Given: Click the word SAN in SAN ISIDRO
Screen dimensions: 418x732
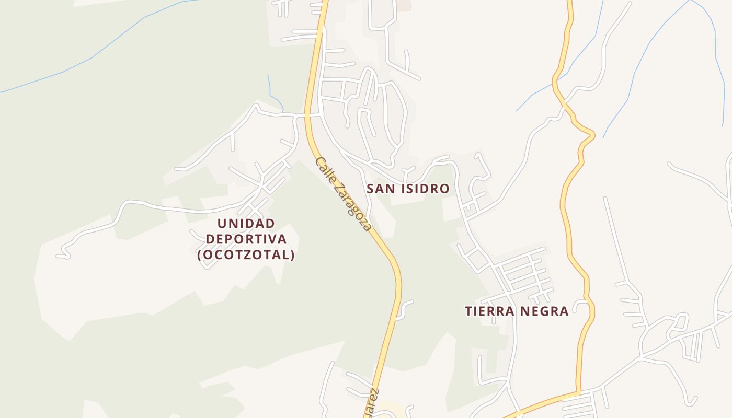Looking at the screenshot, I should pyautogui.click(x=380, y=189).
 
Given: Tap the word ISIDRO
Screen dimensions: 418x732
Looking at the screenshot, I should pyautogui.click(x=424, y=189).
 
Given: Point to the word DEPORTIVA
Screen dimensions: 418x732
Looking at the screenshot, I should pyautogui.click(x=246, y=239).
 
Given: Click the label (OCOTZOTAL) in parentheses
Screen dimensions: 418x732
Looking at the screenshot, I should pyautogui.click(x=246, y=255).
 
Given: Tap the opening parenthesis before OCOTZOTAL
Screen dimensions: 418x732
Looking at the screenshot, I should pyautogui.click(x=199, y=255).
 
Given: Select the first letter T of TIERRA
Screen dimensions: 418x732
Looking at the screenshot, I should pyautogui.click(x=468, y=311).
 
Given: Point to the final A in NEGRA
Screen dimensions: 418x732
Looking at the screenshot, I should pyautogui.click(x=564, y=311).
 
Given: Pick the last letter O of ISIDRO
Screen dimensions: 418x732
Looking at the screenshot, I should pyautogui.click(x=445, y=189).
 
